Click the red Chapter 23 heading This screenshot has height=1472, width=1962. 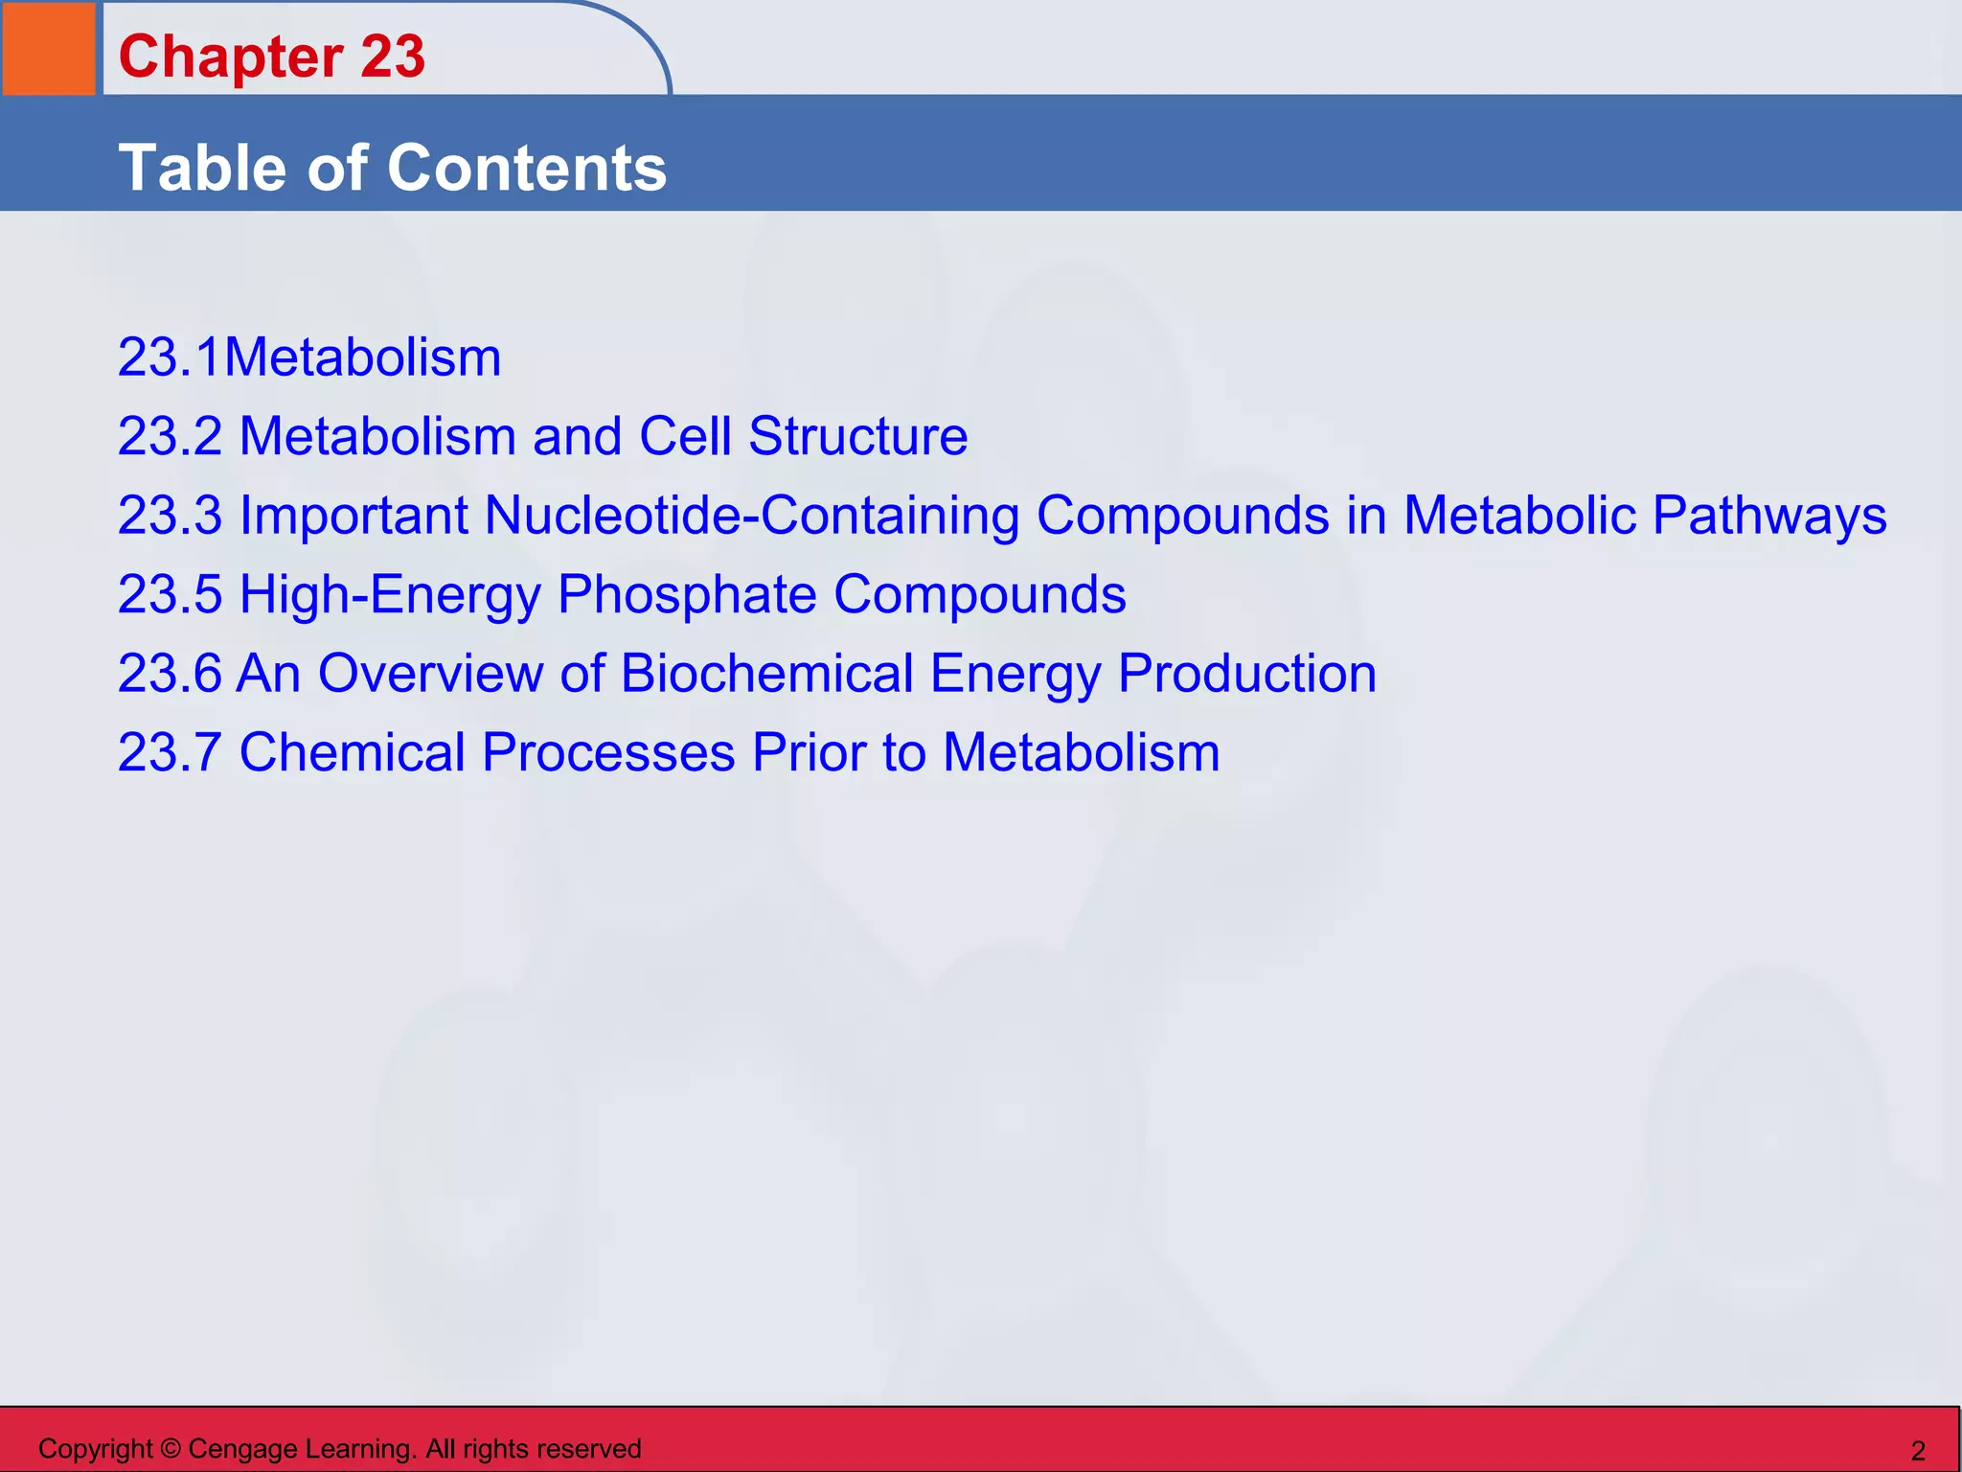271,57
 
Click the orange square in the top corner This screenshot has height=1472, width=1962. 49,48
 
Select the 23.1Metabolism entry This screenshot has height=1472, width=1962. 308,358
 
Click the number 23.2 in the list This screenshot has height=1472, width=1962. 170,437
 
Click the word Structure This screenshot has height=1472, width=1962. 857,437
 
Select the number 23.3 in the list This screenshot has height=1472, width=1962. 170,516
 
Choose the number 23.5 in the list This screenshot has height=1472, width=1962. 170,595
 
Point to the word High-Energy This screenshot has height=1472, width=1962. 390,595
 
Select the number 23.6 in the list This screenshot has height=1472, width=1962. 170,674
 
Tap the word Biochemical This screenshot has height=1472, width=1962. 766,674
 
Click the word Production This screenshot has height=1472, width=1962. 1246,674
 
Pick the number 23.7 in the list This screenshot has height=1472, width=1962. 170,752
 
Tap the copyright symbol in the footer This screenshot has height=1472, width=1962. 171,1449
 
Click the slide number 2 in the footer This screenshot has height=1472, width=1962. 1918,1451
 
